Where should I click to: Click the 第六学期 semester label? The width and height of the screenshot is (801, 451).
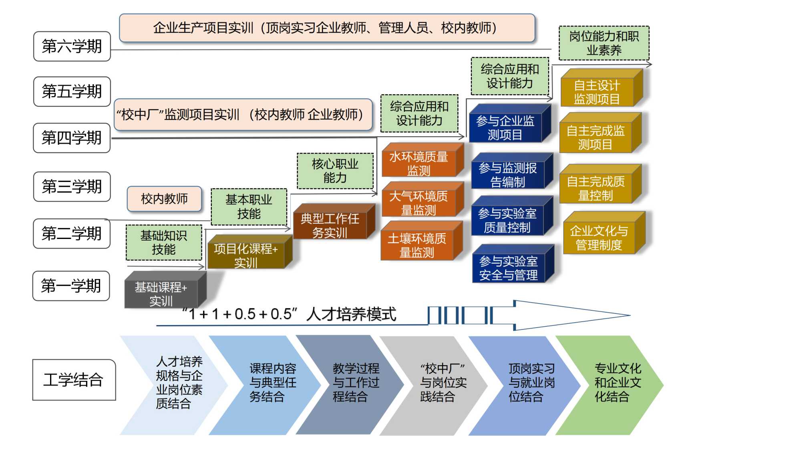coord(72,47)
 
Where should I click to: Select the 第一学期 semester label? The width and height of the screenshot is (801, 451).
coord(71,286)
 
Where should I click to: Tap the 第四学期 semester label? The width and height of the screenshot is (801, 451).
coord(72,138)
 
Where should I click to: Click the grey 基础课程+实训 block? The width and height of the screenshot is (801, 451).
coord(161,294)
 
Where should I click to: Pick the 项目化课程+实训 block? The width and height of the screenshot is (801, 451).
coord(246,255)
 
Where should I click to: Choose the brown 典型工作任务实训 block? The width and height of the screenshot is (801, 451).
coord(330,225)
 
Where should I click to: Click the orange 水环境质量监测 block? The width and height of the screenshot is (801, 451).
coord(419,163)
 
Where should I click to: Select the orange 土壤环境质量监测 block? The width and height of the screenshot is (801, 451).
coord(417,245)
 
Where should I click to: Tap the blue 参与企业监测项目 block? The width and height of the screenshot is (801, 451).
coord(505,127)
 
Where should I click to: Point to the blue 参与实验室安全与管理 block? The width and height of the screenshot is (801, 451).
coord(509,268)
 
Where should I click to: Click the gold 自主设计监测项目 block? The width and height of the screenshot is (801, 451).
coord(597,92)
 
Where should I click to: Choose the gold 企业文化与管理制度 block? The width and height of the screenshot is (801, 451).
coord(599,237)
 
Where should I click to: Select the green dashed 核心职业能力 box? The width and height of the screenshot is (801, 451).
coord(335,171)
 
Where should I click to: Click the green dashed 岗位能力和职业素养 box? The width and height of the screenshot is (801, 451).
coord(604,43)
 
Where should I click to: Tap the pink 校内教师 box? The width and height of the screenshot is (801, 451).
coord(164,198)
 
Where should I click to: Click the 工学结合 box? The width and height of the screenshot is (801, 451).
coord(74,380)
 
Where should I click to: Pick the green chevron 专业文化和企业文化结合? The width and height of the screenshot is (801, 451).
coord(613,383)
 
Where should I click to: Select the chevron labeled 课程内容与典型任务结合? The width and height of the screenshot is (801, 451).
coord(268,383)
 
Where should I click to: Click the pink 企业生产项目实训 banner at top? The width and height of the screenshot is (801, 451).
coord(327,28)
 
